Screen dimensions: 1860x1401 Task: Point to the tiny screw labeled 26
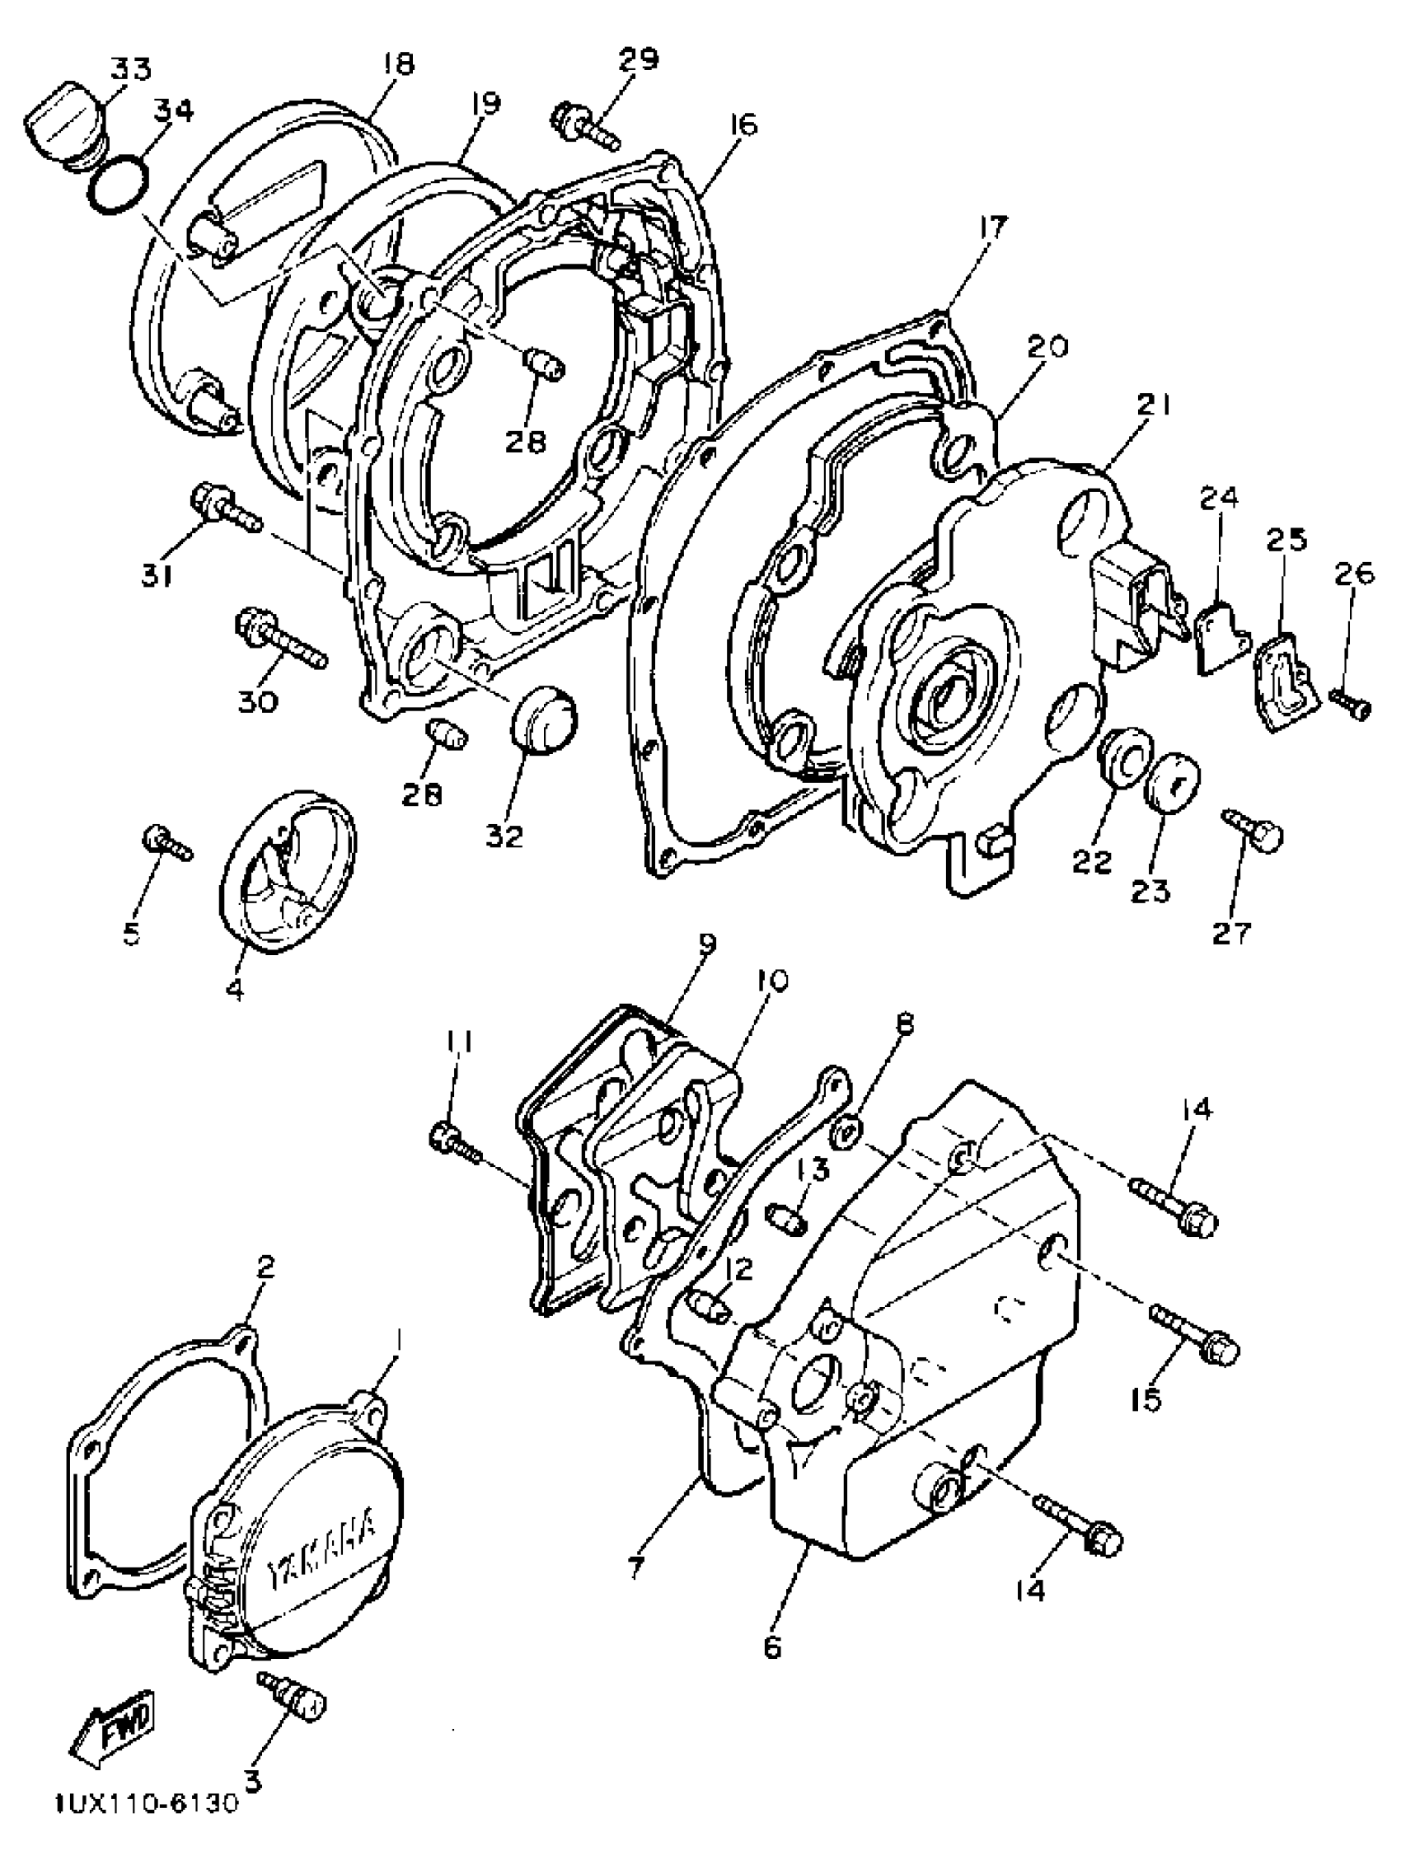click(x=1352, y=702)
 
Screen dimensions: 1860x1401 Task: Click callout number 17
click(x=992, y=229)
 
